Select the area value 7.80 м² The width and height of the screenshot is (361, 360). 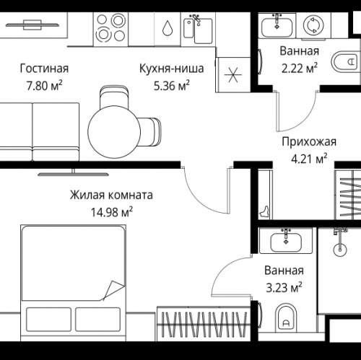(x=43, y=85)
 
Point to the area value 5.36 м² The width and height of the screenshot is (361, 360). (x=172, y=85)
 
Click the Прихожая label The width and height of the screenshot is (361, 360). (x=304, y=141)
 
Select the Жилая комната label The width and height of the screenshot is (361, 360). (x=111, y=195)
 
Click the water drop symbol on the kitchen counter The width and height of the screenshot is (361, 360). (x=167, y=28)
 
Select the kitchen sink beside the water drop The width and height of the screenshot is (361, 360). (x=196, y=28)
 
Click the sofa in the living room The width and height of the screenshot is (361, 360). (x=40, y=131)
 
